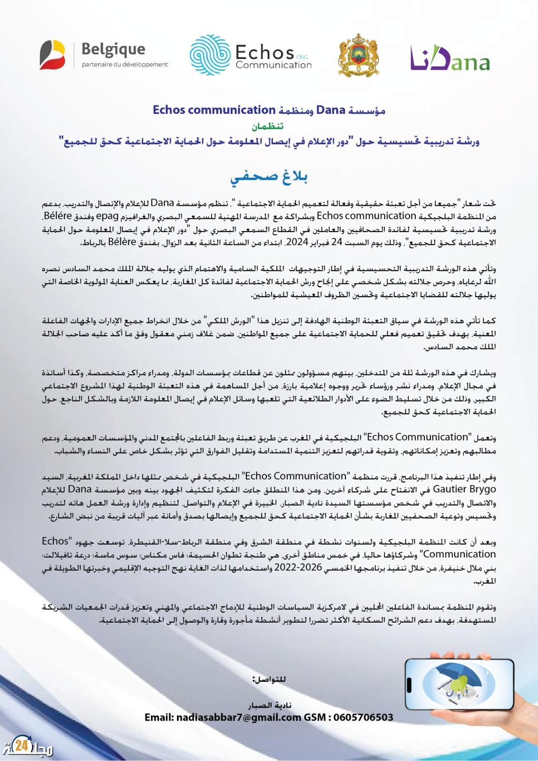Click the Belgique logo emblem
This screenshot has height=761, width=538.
(53, 53)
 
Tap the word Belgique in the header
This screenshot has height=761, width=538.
(113, 49)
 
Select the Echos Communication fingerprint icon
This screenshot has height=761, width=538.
(209, 55)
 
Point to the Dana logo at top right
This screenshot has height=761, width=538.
(450, 59)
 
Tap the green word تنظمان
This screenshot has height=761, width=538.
(269, 127)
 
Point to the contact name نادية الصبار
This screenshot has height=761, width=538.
(269, 705)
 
